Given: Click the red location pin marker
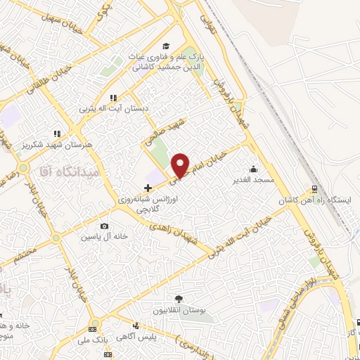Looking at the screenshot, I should [x=181, y=165].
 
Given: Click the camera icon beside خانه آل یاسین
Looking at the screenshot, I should [x=105, y=226].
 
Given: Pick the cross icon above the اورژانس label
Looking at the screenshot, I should [x=147, y=188].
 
